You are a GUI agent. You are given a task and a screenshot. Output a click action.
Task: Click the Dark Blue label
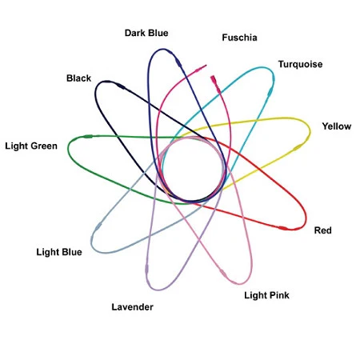pos(146,33)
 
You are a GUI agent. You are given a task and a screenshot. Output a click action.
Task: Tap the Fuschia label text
pos(239,38)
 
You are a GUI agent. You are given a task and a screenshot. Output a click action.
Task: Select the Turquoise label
pos(300,64)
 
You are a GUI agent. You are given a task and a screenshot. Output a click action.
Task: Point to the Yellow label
pos(337,126)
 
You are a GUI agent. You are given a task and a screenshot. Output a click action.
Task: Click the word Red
pos(322,230)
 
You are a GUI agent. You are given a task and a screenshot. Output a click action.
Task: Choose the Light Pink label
pos(266,295)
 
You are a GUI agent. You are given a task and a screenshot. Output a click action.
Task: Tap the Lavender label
pos(132,307)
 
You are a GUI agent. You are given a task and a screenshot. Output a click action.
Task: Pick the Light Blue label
pos(59,252)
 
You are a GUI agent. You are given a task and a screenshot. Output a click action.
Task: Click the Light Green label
pos(31,146)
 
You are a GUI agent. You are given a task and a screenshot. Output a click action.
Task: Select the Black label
pos(78,78)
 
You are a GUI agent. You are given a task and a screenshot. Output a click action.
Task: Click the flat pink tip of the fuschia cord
pos(213,79)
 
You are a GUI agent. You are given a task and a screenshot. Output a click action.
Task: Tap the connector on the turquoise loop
pos(270,91)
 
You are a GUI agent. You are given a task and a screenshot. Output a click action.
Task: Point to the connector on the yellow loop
pos(298,147)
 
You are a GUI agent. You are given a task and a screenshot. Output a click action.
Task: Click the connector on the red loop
pos(283,228)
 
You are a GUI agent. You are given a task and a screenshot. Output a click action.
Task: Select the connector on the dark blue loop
pos(178,63)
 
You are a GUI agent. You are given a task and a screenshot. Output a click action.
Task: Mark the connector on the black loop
pos(120,86)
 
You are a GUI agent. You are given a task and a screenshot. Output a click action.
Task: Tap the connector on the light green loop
pos(88,137)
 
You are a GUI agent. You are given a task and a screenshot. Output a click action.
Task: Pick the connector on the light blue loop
pos(98,226)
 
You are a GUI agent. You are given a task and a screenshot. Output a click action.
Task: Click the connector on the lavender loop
pos(146,270)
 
